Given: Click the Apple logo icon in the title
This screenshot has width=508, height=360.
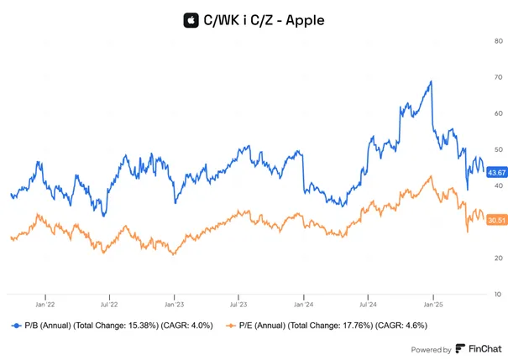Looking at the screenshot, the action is pyautogui.click(x=191, y=20).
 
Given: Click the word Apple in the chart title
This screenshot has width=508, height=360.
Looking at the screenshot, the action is pyautogui.click(x=305, y=20).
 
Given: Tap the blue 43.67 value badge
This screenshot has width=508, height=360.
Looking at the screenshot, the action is pyautogui.click(x=496, y=173).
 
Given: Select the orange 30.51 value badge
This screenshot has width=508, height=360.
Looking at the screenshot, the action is pyautogui.click(x=496, y=221).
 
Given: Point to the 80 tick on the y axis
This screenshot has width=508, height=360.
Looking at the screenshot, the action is pyautogui.click(x=498, y=41).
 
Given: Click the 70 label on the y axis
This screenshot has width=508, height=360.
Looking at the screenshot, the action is pyautogui.click(x=498, y=77).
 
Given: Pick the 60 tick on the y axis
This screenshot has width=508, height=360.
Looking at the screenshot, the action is pyautogui.click(x=498, y=113).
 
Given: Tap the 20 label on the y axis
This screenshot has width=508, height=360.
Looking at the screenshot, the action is pyautogui.click(x=498, y=258).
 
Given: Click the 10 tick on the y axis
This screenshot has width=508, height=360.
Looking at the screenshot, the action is pyautogui.click(x=498, y=295).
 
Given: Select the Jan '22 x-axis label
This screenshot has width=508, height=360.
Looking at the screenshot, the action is pyautogui.click(x=45, y=305).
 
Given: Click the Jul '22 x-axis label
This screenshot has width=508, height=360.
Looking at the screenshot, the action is pyautogui.click(x=109, y=305).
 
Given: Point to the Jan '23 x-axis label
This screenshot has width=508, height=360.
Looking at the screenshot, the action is pyautogui.click(x=175, y=305).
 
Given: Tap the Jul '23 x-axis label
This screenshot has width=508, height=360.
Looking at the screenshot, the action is pyautogui.click(x=238, y=305).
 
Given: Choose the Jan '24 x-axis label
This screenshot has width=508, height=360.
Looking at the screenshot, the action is pyautogui.click(x=304, y=305).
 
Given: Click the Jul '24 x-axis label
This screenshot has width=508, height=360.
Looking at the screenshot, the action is pyautogui.click(x=368, y=305).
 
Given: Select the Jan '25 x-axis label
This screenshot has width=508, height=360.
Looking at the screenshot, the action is pyautogui.click(x=433, y=305).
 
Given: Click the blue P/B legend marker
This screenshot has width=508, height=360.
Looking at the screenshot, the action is pyautogui.click(x=17, y=326).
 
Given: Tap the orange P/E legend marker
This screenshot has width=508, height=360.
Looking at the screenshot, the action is pyautogui.click(x=231, y=326).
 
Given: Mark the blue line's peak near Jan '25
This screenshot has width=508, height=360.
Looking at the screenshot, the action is pyautogui.click(x=432, y=81).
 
